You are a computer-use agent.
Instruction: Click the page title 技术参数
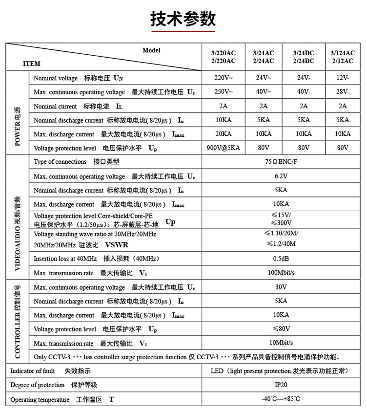pos(183,19)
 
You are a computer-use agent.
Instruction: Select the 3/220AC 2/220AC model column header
pos(223,57)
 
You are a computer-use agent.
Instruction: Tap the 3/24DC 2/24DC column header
pos(304,57)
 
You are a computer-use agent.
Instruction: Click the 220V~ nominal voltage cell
pos(224,78)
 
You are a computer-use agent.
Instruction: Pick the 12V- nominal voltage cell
pos(343,78)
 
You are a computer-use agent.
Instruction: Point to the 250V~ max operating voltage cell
pos(224,92)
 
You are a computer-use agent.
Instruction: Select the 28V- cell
pos(343,92)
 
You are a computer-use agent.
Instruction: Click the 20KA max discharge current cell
pos(224,134)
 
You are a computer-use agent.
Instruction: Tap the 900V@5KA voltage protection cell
pos(224,148)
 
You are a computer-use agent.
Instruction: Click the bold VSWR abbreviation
pos(117,245)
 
